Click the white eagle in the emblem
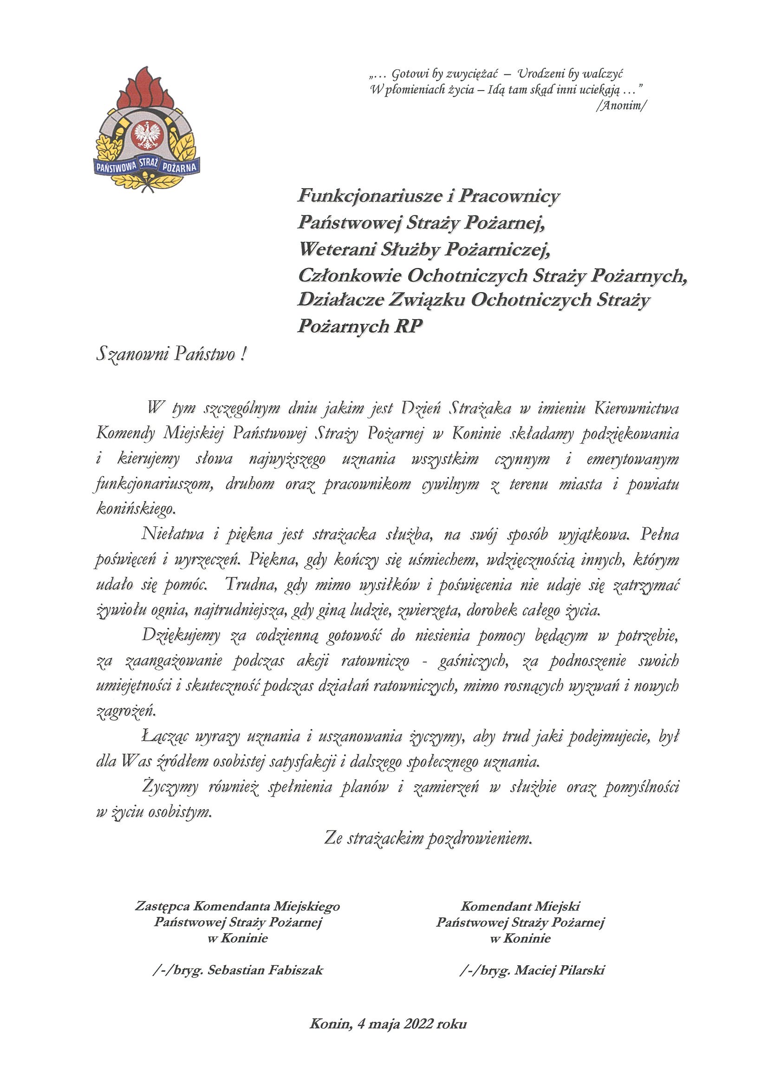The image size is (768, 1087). (x=148, y=134)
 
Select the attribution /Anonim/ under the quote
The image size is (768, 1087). (x=621, y=105)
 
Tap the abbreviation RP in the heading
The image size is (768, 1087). (x=409, y=326)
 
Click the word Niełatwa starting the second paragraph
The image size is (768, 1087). (x=173, y=535)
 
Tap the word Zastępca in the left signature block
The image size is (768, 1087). (x=163, y=906)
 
